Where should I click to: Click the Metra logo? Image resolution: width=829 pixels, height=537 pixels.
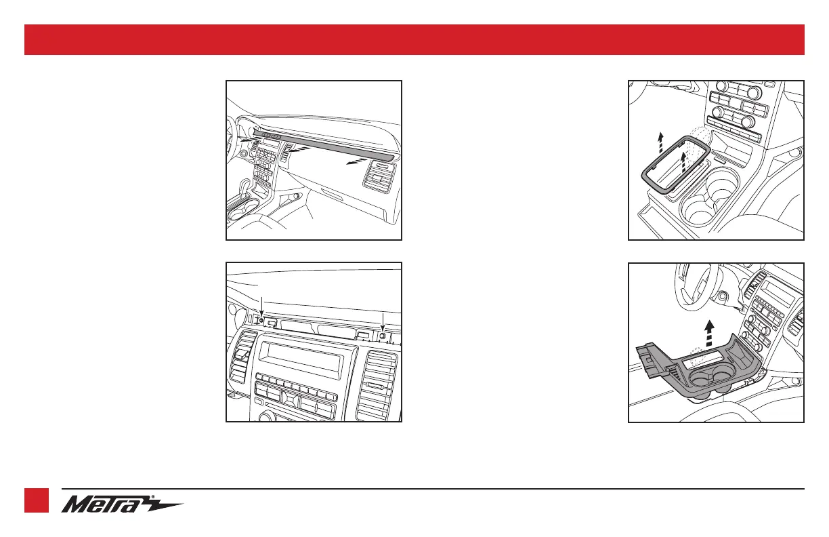click(x=122, y=504)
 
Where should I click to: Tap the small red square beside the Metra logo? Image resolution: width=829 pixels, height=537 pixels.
click(x=37, y=500)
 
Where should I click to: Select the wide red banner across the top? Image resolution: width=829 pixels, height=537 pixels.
click(x=414, y=39)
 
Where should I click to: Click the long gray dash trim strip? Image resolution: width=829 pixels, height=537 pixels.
click(x=322, y=145)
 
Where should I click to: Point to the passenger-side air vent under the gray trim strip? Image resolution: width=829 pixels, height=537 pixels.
click(x=380, y=178)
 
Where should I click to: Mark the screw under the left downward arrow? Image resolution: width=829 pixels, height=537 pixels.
click(x=261, y=320)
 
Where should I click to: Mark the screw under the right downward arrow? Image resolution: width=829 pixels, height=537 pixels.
click(x=383, y=336)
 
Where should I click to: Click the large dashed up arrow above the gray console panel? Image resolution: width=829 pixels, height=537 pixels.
click(x=709, y=333)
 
